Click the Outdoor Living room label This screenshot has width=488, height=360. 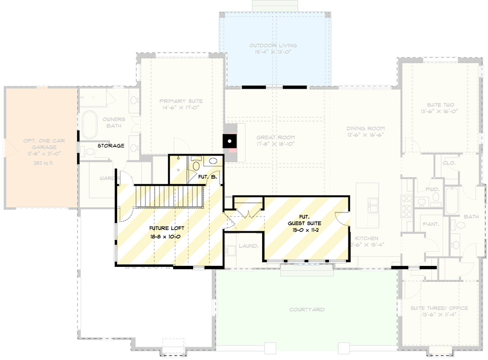point(273,46)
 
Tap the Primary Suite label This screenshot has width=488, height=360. point(181,101)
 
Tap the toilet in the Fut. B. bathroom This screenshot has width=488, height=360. point(196,164)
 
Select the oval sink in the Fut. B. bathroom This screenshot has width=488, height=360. point(213,161)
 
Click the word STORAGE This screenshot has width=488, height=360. point(110,145)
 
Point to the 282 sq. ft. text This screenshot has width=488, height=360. point(41,162)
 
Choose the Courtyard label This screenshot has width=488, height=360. point(306,310)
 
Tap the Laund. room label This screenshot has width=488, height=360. point(248,246)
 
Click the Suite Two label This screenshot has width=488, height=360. point(440,105)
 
